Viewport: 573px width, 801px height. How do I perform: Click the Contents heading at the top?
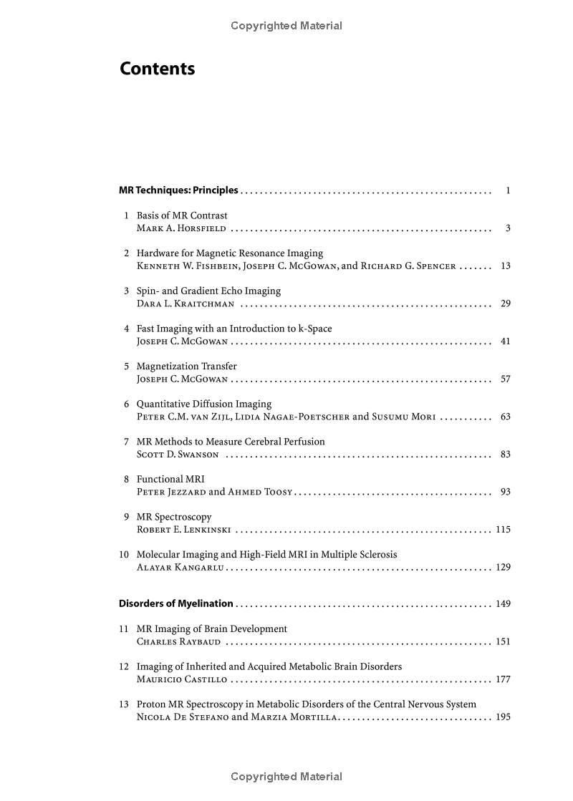(157, 69)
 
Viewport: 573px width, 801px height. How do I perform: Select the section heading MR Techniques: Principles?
(178, 190)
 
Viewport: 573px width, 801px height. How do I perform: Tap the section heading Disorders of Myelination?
(176, 603)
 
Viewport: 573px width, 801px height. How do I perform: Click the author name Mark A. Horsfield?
(181, 228)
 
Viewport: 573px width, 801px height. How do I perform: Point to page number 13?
(506, 266)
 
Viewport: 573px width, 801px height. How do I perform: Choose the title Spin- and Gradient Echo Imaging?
(208, 291)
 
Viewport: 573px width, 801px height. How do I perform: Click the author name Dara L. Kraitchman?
(185, 304)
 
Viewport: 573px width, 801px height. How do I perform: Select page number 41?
(506, 341)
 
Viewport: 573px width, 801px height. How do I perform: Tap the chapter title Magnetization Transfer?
(186, 366)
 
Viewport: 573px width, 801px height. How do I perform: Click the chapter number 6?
(127, 404)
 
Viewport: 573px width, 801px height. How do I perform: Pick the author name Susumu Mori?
(403, 417)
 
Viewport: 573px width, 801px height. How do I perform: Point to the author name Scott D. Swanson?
(178, 455)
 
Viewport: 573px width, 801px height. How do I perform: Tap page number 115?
(503, 530)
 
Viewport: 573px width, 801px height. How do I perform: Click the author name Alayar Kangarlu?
(180, 568)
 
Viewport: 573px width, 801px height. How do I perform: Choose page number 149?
(503, 603)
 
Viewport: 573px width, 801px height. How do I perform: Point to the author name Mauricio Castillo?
(182, 679)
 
